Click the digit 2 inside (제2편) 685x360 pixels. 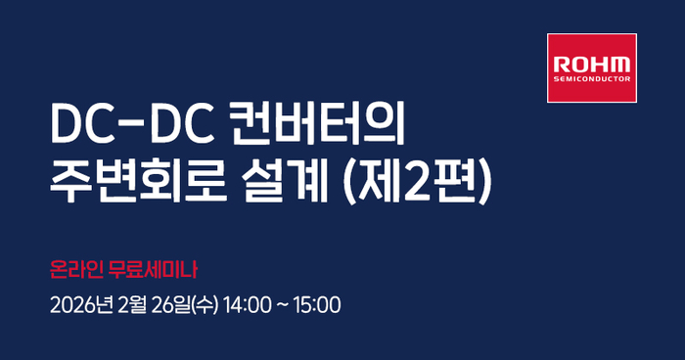coord(427,183)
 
